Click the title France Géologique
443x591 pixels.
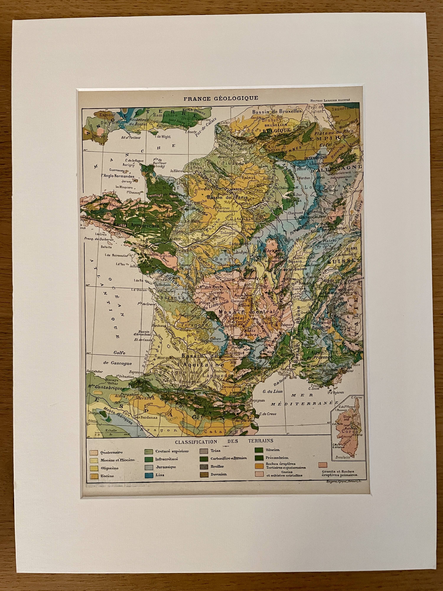click(221, 98)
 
